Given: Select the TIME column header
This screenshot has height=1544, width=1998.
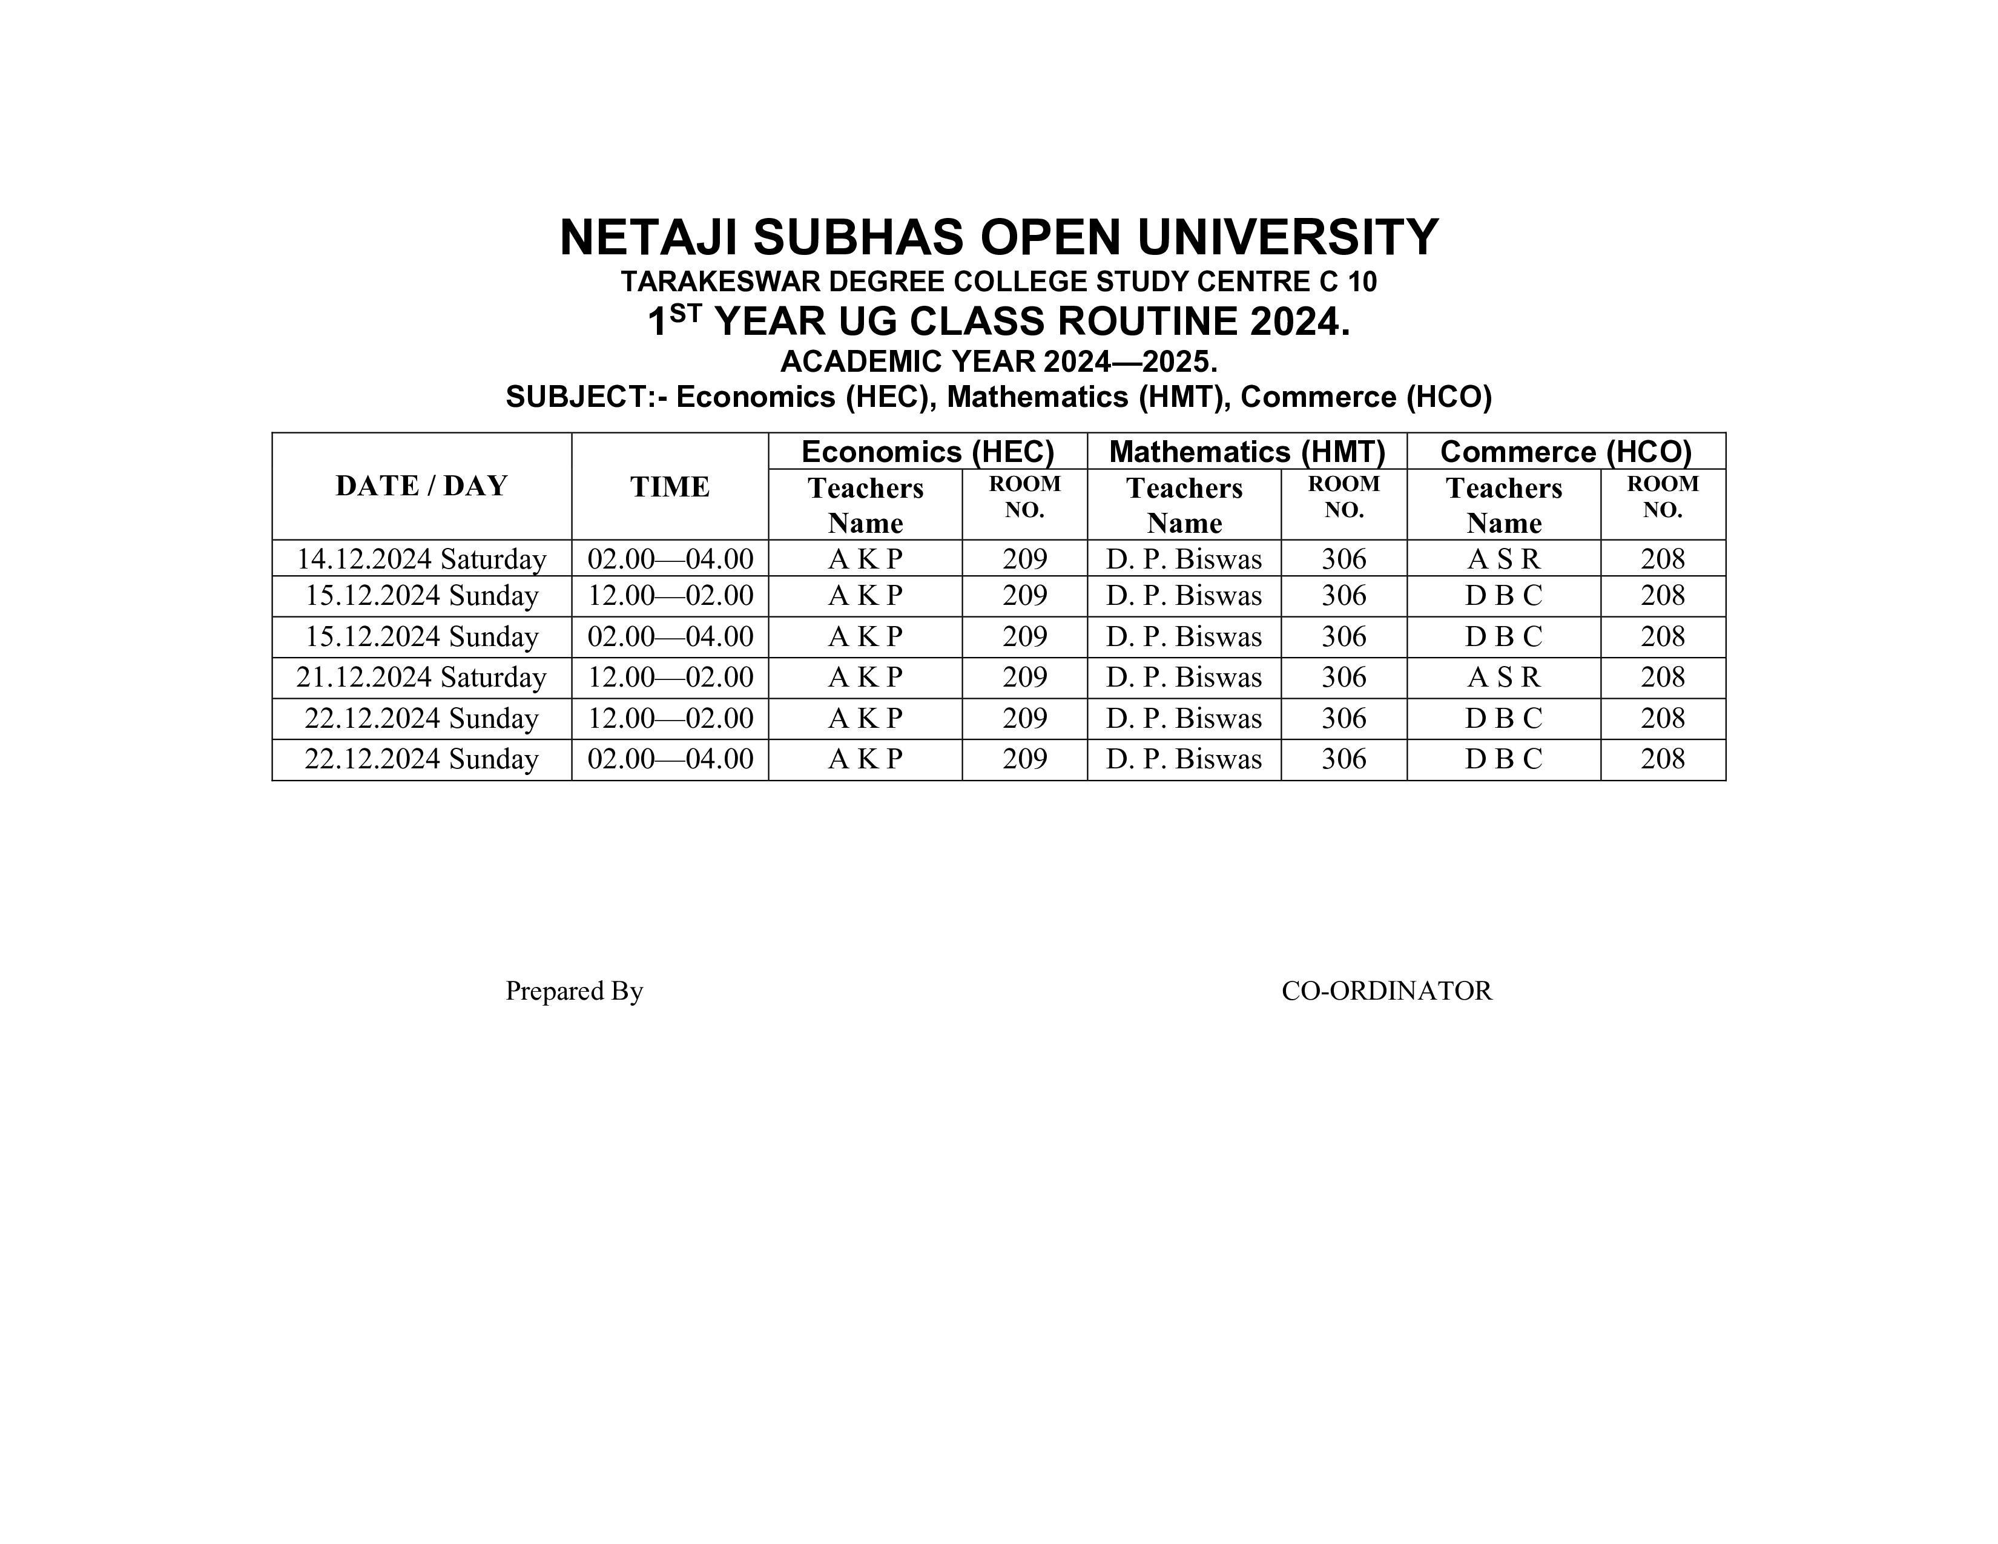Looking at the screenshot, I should point(670,487).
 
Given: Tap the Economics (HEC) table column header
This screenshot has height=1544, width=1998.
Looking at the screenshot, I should point(927,452).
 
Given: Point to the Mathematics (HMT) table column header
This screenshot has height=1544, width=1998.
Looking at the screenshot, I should point(1246,452).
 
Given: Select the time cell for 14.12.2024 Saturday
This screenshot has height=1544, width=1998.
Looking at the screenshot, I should point(670,559).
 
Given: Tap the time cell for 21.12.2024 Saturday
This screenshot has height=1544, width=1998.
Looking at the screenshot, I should point(670,678).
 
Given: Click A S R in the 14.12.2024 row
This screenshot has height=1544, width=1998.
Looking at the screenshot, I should point(1503,559).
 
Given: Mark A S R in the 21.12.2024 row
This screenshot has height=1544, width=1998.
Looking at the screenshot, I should point(1503,678).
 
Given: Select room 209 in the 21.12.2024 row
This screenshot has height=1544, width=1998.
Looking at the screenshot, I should point(1024,678).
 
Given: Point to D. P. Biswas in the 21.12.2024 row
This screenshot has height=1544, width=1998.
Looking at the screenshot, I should point(1183,678).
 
